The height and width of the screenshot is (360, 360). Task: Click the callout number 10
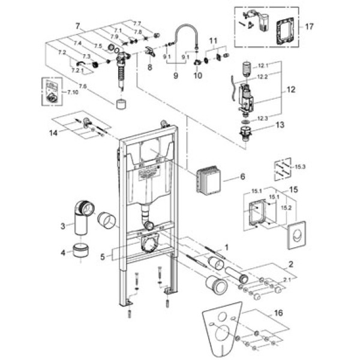[x=197, y=77]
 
